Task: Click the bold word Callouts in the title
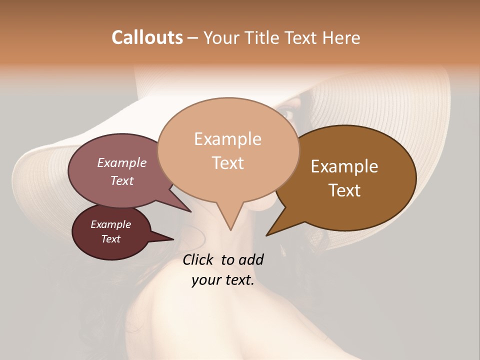pyautogui.click(x=147, y=37)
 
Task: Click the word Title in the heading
pyautogui.click(x=264, y=37)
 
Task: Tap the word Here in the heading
pyautogui.click(x=339, y=37)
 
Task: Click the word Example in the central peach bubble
pyautogui.click(x=227, y=139)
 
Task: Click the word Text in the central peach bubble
pyautogui.click(x=227, y=163)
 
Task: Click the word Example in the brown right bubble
pyautogui.click(x=344, y=166)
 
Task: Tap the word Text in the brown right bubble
pyautogui.click(x=344, y=190)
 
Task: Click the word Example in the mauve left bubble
pyautogui.click(x=121, y=162)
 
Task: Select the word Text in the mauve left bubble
pyautogui.click(x=121, y=180)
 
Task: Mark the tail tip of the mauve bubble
pyautogui.click(x=190, y=211)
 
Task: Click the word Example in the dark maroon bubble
pyautogui.click(x=110, y=224)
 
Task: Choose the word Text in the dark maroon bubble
pyautogui.click(x=110, y=239)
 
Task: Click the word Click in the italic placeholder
pyautogui.click(x=199, y=259)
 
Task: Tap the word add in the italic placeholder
pyautogui.click(x=251, y=259)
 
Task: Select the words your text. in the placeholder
pyautogui.click(x=223, y=280)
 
